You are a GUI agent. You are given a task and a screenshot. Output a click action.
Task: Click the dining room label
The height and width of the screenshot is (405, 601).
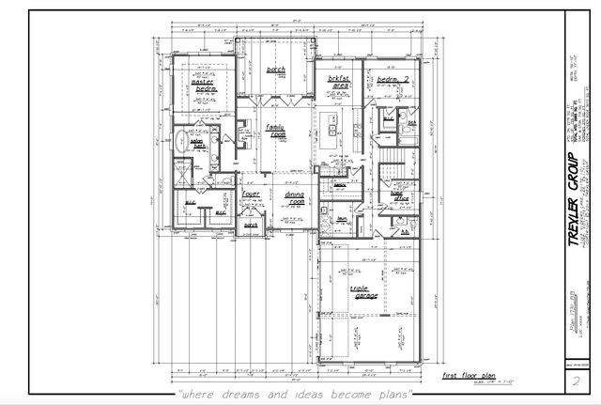point(295,197)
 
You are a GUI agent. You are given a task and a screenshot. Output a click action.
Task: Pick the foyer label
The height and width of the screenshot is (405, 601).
point(251,194)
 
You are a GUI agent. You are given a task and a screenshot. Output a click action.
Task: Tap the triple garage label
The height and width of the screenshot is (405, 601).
point(364,293)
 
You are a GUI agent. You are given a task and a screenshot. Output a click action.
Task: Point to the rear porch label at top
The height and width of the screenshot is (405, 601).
point(275,70)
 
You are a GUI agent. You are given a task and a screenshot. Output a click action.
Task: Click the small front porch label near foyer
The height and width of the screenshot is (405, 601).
point(251,226)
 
